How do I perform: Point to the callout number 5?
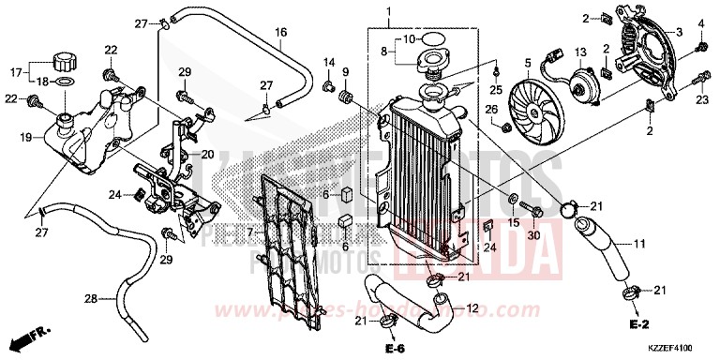(528, 64)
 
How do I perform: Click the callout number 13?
(579, 52)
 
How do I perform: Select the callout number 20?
(208, 155)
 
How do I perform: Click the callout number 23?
(701, 98)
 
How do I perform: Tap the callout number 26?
(491, 109)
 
